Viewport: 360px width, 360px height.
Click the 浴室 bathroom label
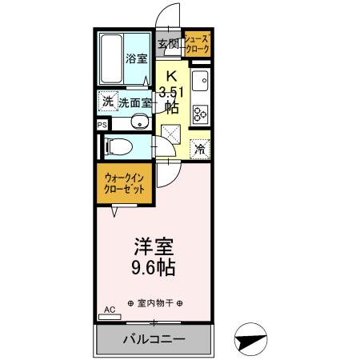136,58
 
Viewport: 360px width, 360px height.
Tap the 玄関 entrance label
168,44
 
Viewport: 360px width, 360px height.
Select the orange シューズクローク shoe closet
197,44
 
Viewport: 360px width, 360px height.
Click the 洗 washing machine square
107,102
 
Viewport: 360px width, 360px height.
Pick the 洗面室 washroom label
136,102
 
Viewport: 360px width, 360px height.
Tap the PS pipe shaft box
102,125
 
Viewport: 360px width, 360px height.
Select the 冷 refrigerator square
200,149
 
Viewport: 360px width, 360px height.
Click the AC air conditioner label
110,309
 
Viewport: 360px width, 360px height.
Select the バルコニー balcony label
154,340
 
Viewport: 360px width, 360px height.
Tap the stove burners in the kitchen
200,112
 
